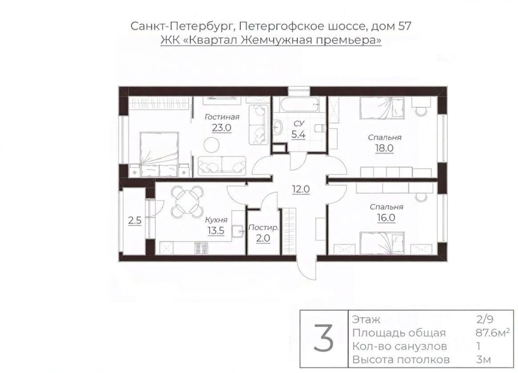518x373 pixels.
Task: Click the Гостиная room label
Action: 222,117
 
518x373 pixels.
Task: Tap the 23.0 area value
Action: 222,127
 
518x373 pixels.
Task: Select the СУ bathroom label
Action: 299,123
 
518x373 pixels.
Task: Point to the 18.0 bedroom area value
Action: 384,148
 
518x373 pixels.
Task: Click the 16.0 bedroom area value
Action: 386,218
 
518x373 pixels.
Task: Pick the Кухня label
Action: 216,220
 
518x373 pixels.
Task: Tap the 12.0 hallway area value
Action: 300,189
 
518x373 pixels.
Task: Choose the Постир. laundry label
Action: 263,228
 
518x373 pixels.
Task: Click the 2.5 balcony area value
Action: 135,220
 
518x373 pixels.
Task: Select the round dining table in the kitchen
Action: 187,200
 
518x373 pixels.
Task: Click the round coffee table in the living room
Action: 211,145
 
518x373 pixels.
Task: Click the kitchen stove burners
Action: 201,248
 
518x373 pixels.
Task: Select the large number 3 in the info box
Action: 324,339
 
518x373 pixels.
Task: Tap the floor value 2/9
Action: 485,320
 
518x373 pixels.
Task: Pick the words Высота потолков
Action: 401,360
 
